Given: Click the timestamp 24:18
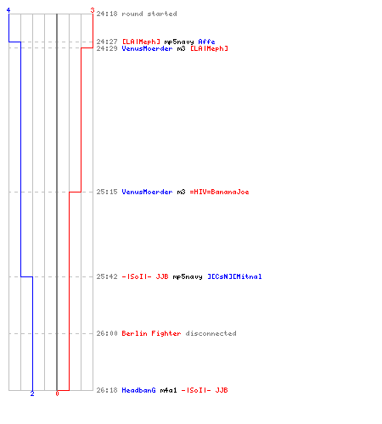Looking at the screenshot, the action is point(107,14).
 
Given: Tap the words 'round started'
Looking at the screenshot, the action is point(149,14).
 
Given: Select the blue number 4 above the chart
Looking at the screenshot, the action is point(8,10).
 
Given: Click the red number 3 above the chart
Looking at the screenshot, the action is point(93,10).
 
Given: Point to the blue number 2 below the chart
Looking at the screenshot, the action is point(32,393).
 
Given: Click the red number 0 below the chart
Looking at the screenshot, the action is point(57,393).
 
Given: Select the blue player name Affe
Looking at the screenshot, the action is point(206,42).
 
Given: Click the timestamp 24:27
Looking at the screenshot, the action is point(107,42).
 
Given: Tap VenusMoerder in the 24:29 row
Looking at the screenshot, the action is point(147,48).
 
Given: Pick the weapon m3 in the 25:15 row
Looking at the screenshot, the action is point(181,192).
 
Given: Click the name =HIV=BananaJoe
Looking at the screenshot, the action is point(219,192).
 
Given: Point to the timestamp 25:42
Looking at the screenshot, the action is point(107,276).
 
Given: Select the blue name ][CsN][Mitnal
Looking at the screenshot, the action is point(234,276).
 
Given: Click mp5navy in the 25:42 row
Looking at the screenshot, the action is point(188,276).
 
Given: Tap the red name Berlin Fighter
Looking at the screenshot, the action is point(151,333).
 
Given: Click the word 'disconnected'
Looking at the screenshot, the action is point(211,333).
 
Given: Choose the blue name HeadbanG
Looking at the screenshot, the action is point(138,390).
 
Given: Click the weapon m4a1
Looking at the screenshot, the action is point(168,390).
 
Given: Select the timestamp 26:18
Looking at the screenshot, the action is point(107,390).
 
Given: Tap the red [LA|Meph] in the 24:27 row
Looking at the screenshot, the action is point(141,42).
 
